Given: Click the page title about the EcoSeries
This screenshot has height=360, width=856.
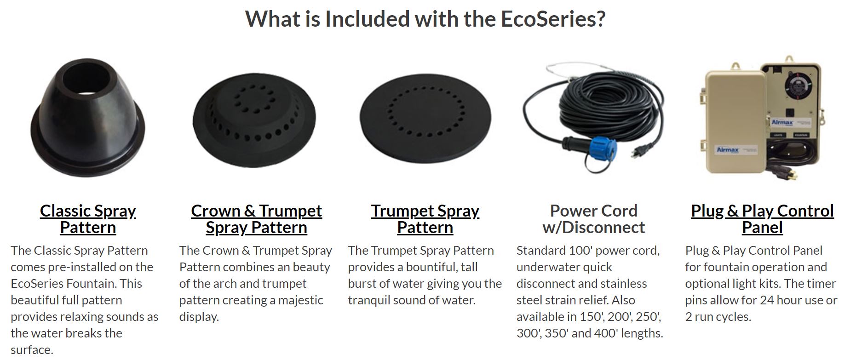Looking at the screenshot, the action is tap(425, 19).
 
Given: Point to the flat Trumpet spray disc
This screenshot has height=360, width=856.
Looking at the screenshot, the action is tap(425, 120).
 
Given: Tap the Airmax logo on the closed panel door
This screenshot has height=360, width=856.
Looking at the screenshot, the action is tap(727, 150).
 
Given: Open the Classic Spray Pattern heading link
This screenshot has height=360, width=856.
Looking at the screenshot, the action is tap(88, 219).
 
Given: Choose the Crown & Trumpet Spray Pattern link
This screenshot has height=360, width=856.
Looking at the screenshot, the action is tap(256, 219).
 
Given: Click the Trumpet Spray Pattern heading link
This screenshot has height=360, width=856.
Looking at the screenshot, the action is tap(425, 219).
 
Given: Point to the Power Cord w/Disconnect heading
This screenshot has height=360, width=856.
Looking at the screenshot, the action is tap(593, 219).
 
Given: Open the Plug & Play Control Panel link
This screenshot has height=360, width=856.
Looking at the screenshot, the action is tap(762, 219).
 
